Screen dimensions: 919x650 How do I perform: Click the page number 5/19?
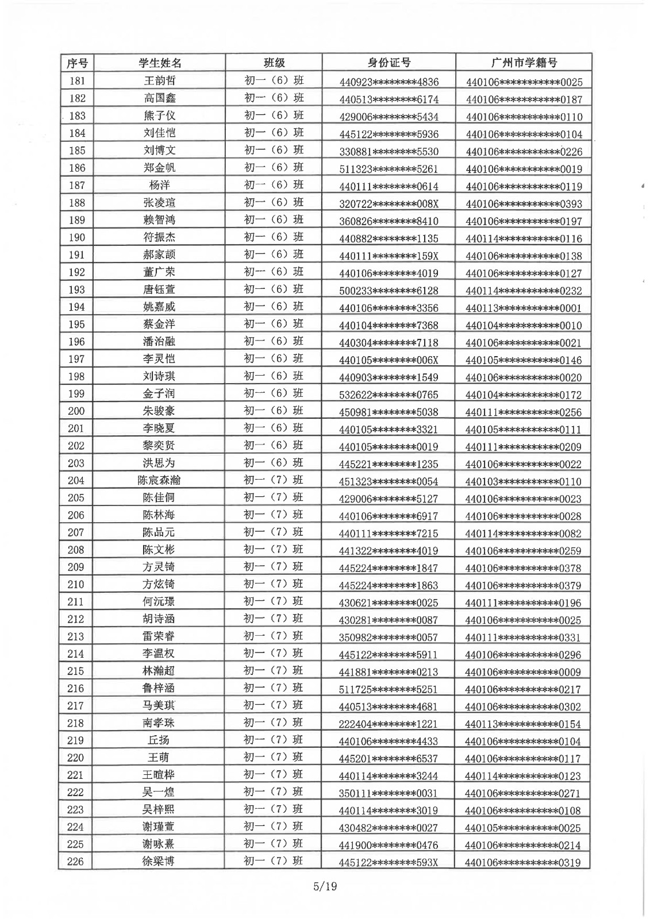point(325,886)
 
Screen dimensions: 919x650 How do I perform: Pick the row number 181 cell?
point(77,81)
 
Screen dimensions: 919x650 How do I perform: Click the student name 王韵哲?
point(159,81)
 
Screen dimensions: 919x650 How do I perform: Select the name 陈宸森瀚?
point(159,480)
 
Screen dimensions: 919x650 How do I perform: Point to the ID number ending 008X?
point(389,203)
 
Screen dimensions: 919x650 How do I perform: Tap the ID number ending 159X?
point(389,256)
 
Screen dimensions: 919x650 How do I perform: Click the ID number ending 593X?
point(389,862)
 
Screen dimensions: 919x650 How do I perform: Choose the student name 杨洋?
point(159,186)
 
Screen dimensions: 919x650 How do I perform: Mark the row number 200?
point(76,411)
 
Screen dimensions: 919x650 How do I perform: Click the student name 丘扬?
point(159,740)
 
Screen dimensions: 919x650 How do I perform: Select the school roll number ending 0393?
point(524,203)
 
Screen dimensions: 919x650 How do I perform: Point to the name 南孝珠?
point(159,723)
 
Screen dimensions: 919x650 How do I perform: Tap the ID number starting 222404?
point(389,724)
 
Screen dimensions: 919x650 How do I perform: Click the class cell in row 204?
point(274,480)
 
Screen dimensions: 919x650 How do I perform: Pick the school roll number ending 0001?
point(524,308)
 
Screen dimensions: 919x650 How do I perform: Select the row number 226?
point(76,862)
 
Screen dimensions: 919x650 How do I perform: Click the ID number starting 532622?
point(389,395)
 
